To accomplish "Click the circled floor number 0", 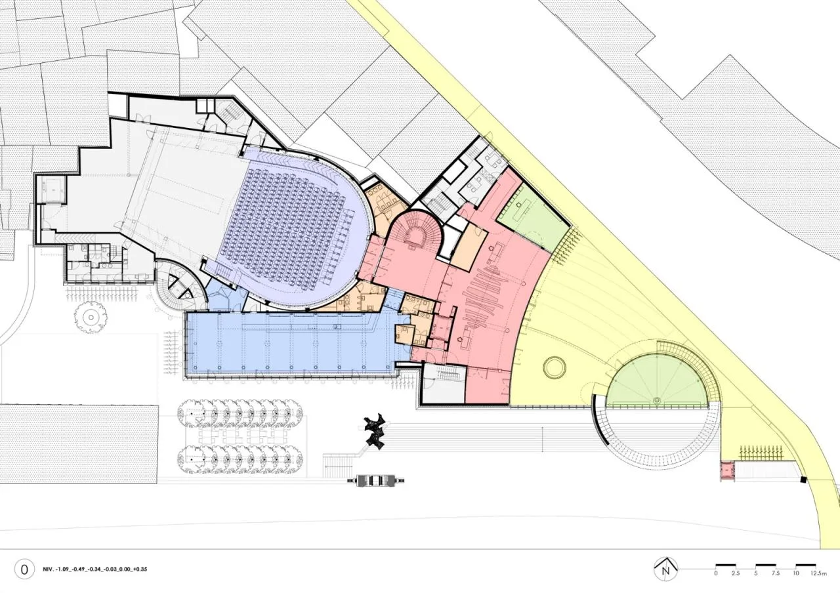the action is click(24, 570).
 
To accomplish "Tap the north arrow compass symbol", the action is click(666, 569).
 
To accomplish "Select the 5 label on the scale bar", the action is click(755, 573).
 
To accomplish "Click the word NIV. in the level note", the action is click(48, 569).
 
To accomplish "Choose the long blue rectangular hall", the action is click(293, 344).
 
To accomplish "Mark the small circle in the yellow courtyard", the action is click(555, 367).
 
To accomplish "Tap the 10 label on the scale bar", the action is click(795, 573).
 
